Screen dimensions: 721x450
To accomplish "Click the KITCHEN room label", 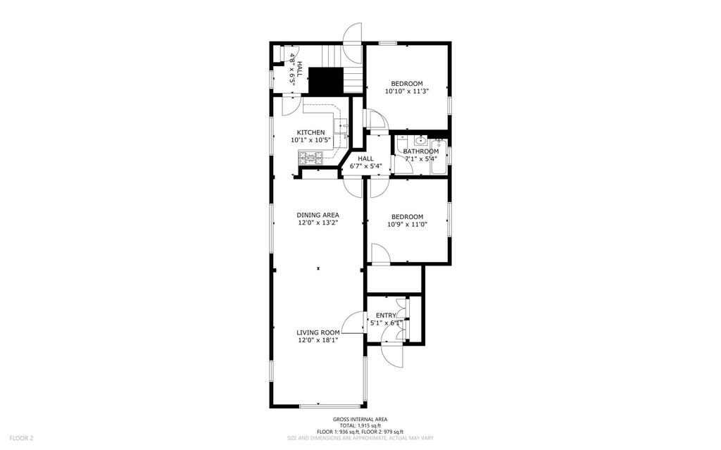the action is tap(311, 132).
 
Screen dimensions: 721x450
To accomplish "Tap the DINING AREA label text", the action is tap(318, 215).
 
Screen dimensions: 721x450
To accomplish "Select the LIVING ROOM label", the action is tap(318, 332).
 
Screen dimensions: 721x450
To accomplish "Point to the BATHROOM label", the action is tap(421, 151).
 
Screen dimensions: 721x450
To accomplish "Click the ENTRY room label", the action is tap(386, 315).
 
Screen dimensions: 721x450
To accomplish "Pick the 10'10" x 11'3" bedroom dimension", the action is tap(407, 91).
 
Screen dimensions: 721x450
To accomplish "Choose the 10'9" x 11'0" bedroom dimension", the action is tap(407, 225).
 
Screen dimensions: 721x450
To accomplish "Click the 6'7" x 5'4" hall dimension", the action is tap(366, 165).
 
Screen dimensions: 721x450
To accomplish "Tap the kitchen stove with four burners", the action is tap(311, 158).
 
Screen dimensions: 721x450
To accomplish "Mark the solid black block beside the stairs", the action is tap(325, 81).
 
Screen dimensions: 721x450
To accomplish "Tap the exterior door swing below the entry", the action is tap(393, 355).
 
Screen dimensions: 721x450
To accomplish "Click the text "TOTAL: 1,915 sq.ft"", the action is tap(360, 425).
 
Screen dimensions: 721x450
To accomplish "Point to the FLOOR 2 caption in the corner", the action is tap(21, 438).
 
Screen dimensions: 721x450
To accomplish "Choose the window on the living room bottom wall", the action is tap(331, 406).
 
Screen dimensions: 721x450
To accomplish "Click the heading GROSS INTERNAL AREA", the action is tap(360, 419).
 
